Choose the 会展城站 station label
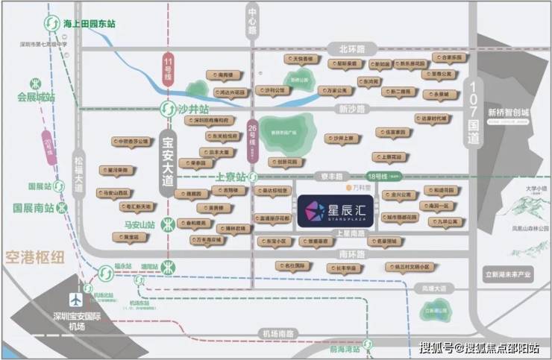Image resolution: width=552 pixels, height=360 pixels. (37, 97)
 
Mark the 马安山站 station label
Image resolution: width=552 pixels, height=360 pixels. (139, 224)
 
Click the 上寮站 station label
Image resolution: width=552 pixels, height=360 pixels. (230, 177)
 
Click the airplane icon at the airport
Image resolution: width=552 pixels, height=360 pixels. (75, 299)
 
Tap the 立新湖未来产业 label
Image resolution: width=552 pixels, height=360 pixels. (507, 274)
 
